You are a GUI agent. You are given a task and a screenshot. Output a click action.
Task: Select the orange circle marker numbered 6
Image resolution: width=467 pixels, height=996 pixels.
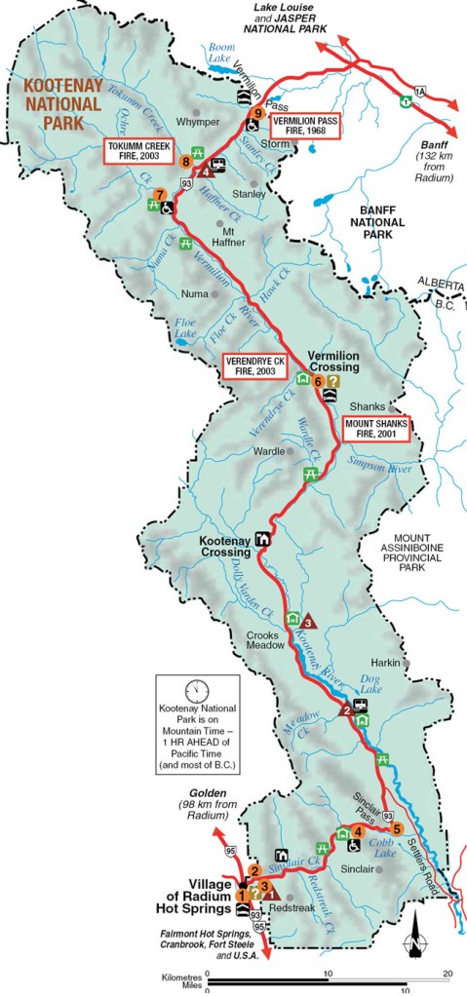click(318, 381)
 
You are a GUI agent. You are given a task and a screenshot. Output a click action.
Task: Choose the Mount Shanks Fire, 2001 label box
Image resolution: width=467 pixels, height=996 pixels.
click(375, 430)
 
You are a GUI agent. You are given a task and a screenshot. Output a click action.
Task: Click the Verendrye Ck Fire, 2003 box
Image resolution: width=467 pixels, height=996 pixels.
click(255, 363)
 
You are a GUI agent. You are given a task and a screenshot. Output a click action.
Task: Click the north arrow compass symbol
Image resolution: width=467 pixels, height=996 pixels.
click(415, 937)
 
